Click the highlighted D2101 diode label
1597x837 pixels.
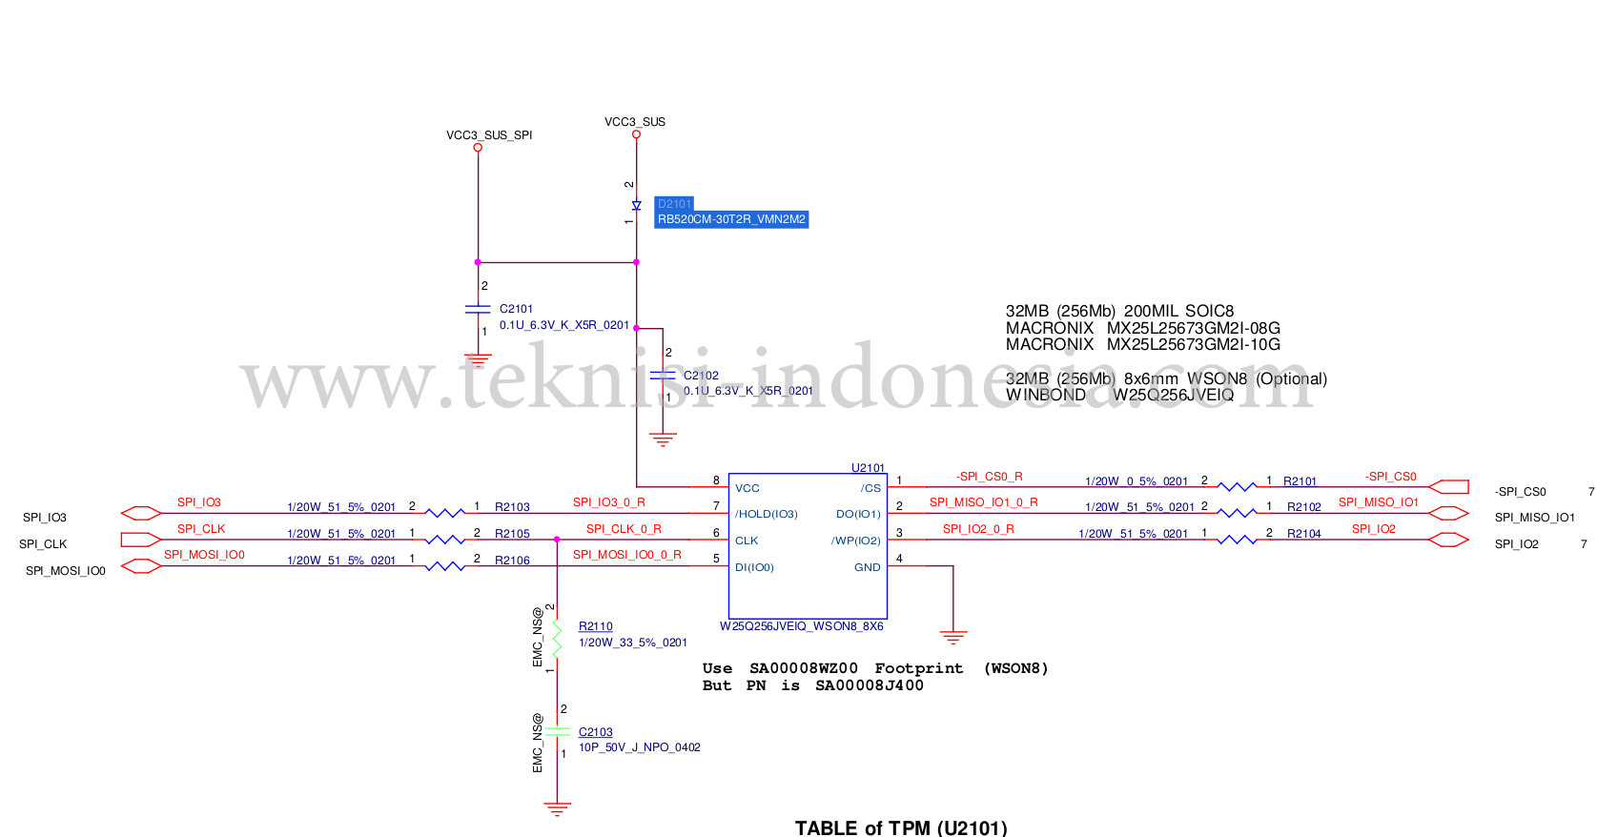[674, 204]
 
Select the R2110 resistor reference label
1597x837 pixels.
[595, 626]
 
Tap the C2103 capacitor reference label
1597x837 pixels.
[595, 732]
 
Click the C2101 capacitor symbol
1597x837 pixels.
[478, 309]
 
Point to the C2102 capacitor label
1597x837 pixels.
[701, 376]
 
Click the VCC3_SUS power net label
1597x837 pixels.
[634, 122]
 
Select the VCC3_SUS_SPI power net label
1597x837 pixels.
[488, 135]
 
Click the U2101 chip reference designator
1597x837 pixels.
[868, 468]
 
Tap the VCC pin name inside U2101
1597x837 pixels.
[747, 488]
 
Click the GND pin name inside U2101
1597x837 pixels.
[867, 567]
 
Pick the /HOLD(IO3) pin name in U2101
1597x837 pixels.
[766, 514]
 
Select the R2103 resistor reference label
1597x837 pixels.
[512, 507]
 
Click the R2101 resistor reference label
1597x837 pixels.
[1300, 481]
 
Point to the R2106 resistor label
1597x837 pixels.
[512, 561]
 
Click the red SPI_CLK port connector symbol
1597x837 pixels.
[140, 540]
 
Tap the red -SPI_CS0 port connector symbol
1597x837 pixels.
[1449, 487]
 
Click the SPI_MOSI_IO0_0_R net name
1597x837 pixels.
[626, 555]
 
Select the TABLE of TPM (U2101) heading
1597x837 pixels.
[901, 827]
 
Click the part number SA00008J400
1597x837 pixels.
[869, 685]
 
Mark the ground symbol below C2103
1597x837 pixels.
[557, 808]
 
